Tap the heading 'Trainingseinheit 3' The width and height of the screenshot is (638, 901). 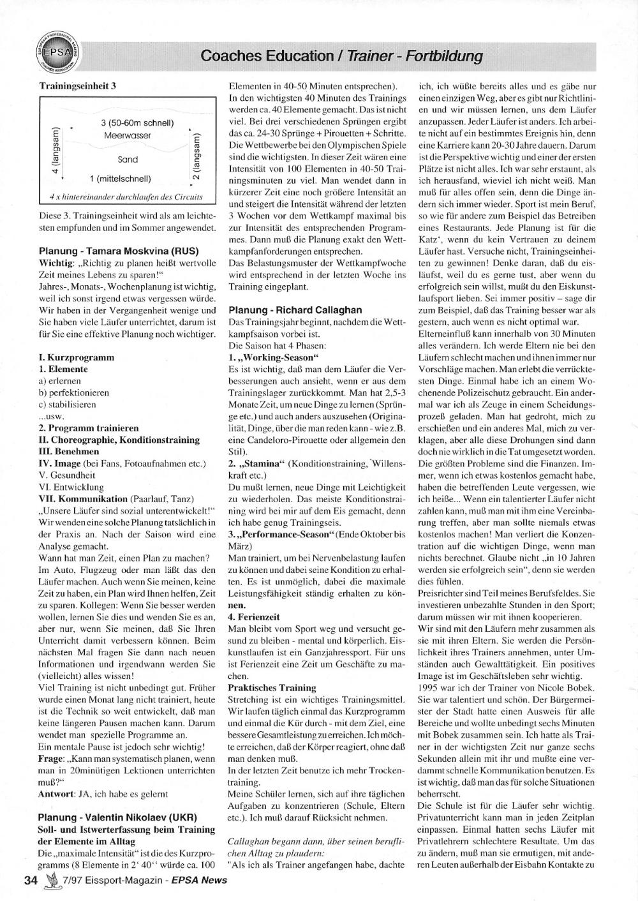point(76,85)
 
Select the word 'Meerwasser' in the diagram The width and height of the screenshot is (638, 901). point(128,136)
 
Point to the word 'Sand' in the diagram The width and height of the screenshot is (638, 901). point(128,160)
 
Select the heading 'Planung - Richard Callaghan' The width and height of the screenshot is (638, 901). point(295,309)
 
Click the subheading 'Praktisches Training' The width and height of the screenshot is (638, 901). point(272,687)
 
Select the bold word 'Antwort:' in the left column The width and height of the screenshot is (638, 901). point(56,794)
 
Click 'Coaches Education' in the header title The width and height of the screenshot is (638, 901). point(268,56)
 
